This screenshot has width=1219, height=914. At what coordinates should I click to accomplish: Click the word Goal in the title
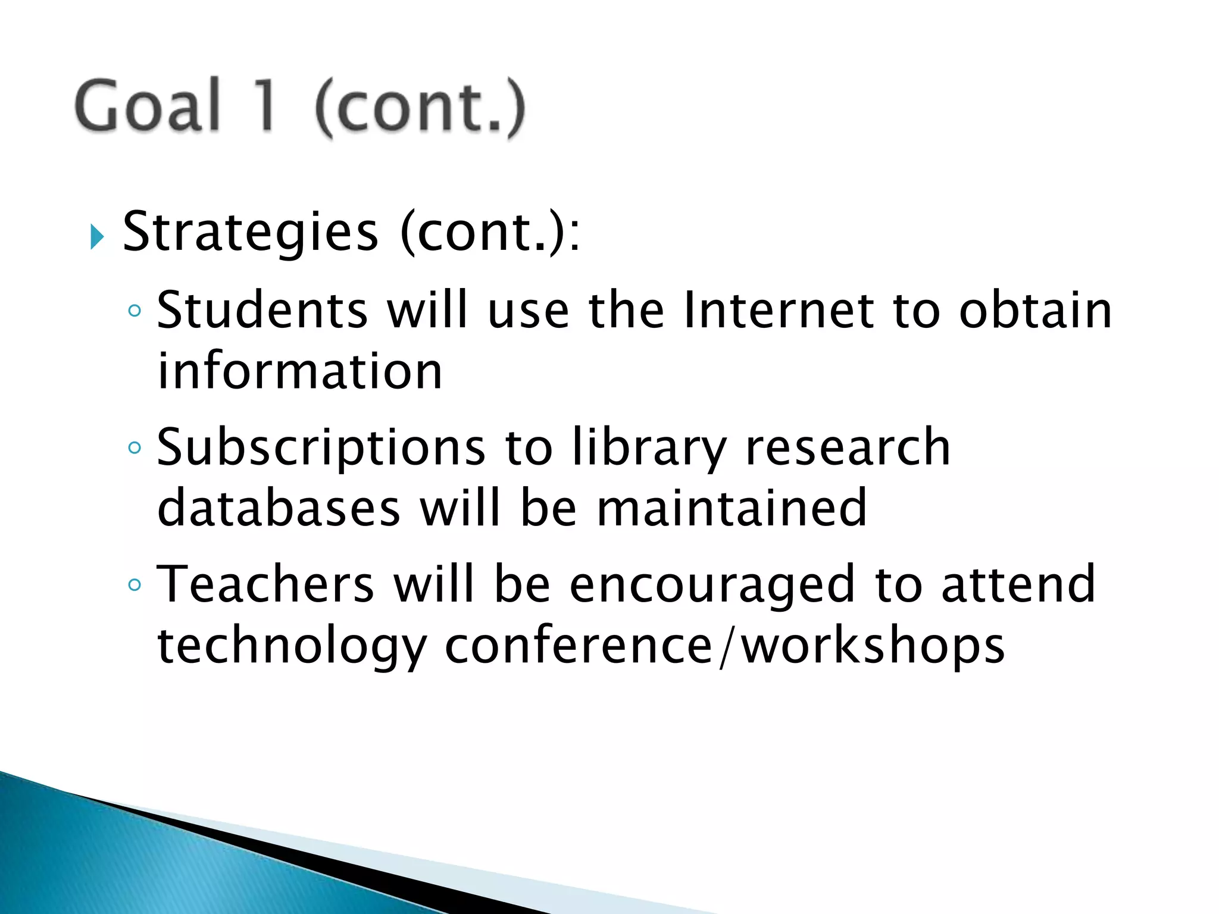148,106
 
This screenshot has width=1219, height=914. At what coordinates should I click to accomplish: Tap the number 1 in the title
265,106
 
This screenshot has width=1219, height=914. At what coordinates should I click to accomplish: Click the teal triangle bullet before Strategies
97,237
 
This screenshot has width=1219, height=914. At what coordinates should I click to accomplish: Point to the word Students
262,310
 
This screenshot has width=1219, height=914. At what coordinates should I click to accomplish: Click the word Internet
779,310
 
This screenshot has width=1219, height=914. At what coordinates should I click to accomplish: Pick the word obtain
1035,310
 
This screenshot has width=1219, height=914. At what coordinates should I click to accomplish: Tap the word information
300,371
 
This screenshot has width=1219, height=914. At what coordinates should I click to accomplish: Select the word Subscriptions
321,447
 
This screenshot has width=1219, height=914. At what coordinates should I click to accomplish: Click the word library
649,447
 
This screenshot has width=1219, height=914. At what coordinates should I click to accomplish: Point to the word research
848,447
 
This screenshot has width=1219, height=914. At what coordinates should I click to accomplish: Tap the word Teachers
265,584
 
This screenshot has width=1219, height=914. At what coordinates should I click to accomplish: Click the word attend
1018,584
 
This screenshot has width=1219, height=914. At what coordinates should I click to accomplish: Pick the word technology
292,647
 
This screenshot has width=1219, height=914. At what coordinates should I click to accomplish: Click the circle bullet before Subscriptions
135,447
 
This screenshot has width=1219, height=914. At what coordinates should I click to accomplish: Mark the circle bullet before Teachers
135,585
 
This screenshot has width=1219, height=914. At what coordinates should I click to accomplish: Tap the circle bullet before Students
135,311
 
